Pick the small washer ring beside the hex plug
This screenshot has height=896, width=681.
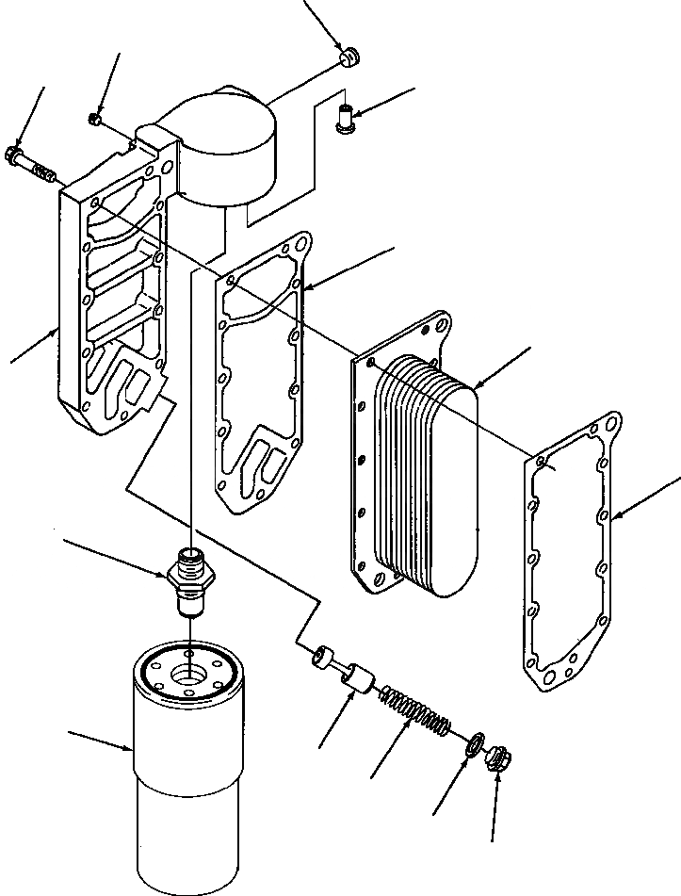[477, 744]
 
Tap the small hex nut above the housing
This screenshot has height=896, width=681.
[95, 120]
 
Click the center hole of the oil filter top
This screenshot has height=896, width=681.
[190, 673]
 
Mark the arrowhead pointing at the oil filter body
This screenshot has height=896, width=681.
[132, 749]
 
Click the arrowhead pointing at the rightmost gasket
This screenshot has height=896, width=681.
[614, 517]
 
